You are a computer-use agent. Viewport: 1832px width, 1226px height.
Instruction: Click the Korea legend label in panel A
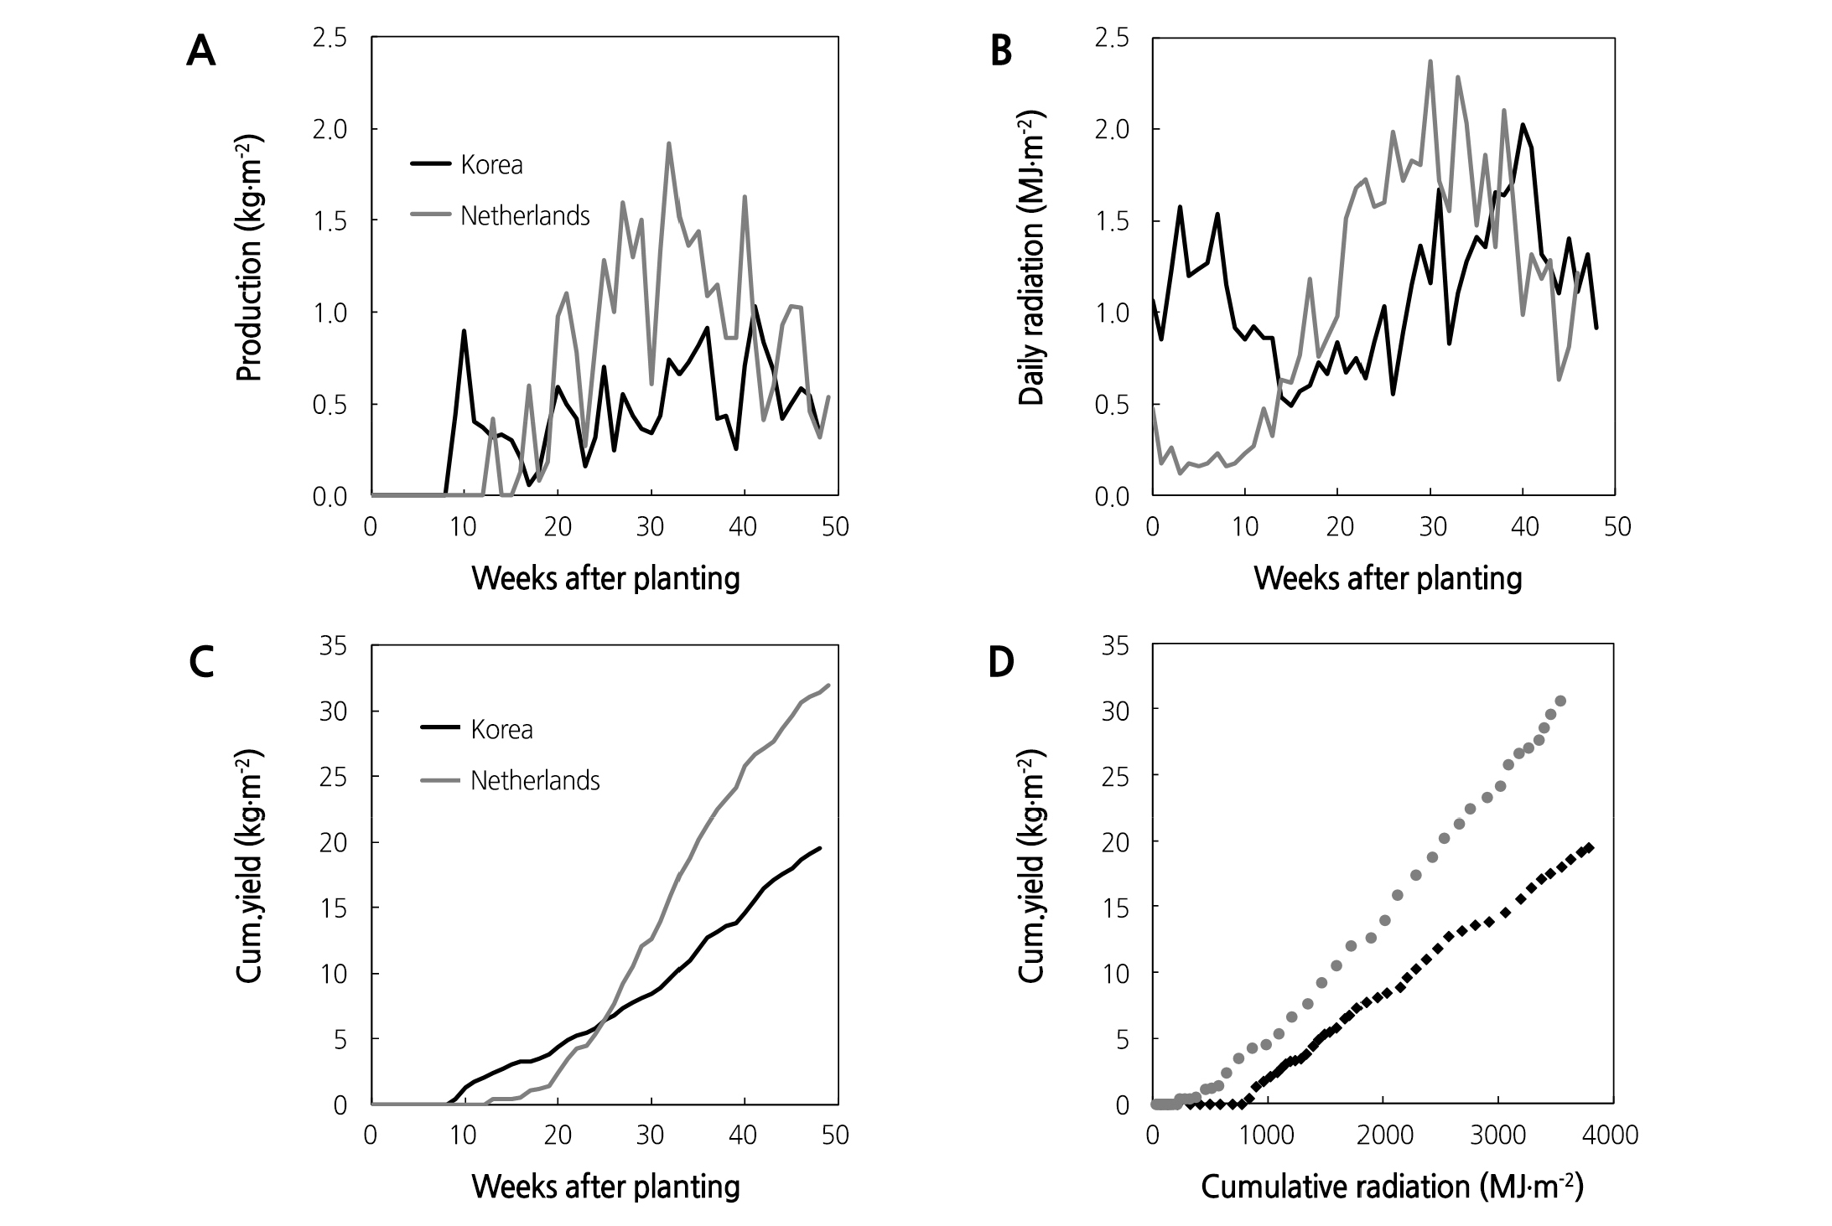coord(491,165)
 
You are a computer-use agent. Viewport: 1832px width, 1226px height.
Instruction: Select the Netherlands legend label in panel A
coord(525,216)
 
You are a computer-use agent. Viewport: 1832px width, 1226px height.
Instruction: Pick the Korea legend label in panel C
coord(501,730)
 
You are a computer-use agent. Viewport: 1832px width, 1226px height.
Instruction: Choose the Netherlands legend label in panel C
coord(535,781)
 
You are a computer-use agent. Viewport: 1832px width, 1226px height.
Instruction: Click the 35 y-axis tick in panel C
coord(334,646)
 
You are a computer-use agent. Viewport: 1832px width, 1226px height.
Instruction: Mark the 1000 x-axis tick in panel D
coord(1268,1135)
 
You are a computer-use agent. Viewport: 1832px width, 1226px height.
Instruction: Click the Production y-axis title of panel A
coord(250,260)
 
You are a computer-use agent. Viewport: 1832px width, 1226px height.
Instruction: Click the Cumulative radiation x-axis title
coord(1392,1187)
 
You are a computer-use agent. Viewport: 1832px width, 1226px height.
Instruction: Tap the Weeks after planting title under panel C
coord(605,1187)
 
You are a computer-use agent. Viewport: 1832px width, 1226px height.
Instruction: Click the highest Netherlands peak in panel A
coord(669,143)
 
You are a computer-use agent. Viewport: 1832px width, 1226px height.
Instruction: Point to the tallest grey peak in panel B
coord(1430,61)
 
